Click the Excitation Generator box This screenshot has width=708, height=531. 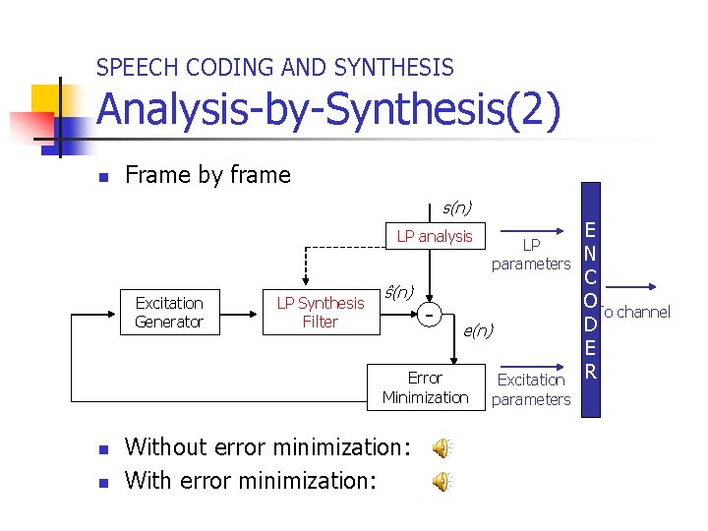[169, 313]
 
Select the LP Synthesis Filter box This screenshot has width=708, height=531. [320, 313]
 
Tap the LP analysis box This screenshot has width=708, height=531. [435, 236]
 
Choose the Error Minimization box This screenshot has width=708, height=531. [425, 387]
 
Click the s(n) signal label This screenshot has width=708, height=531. [457, 207]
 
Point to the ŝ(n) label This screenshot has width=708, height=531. [398, 292]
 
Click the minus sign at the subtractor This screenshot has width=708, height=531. [430, 314]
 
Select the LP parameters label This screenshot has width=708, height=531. [531, 254]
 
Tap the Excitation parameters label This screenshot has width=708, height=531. [531, 389]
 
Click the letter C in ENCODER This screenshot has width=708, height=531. [592, 276]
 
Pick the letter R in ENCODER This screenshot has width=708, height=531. [592, 371]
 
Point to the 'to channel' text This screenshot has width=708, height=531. [636, 313]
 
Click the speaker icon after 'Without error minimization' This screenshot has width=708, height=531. [443, 448]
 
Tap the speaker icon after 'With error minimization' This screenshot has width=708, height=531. [443, 481]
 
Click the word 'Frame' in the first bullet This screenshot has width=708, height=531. [158, 175]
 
